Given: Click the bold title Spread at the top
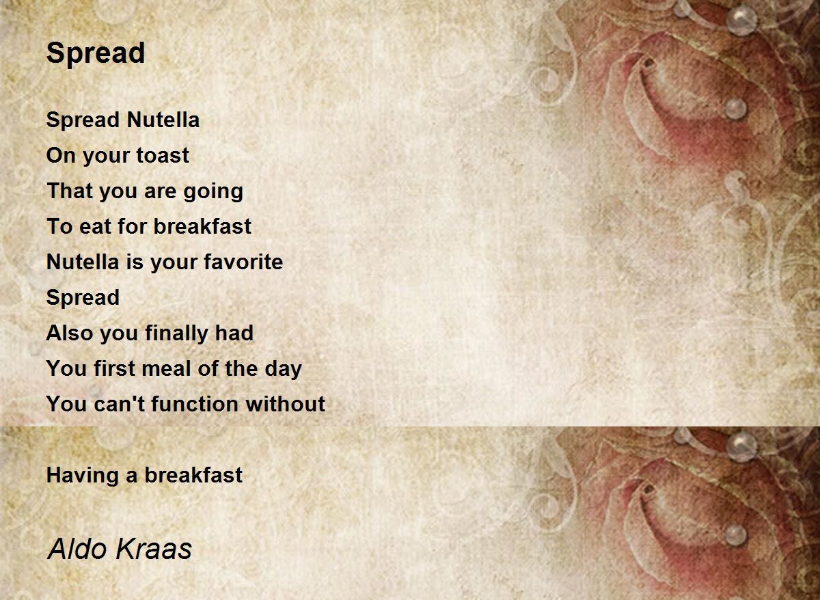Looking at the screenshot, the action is point(96,53).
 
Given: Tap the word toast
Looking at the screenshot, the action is point(163,155).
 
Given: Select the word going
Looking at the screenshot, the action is point(213,192).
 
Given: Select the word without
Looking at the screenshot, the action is point(286,404).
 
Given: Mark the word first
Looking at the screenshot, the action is point(114,368).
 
